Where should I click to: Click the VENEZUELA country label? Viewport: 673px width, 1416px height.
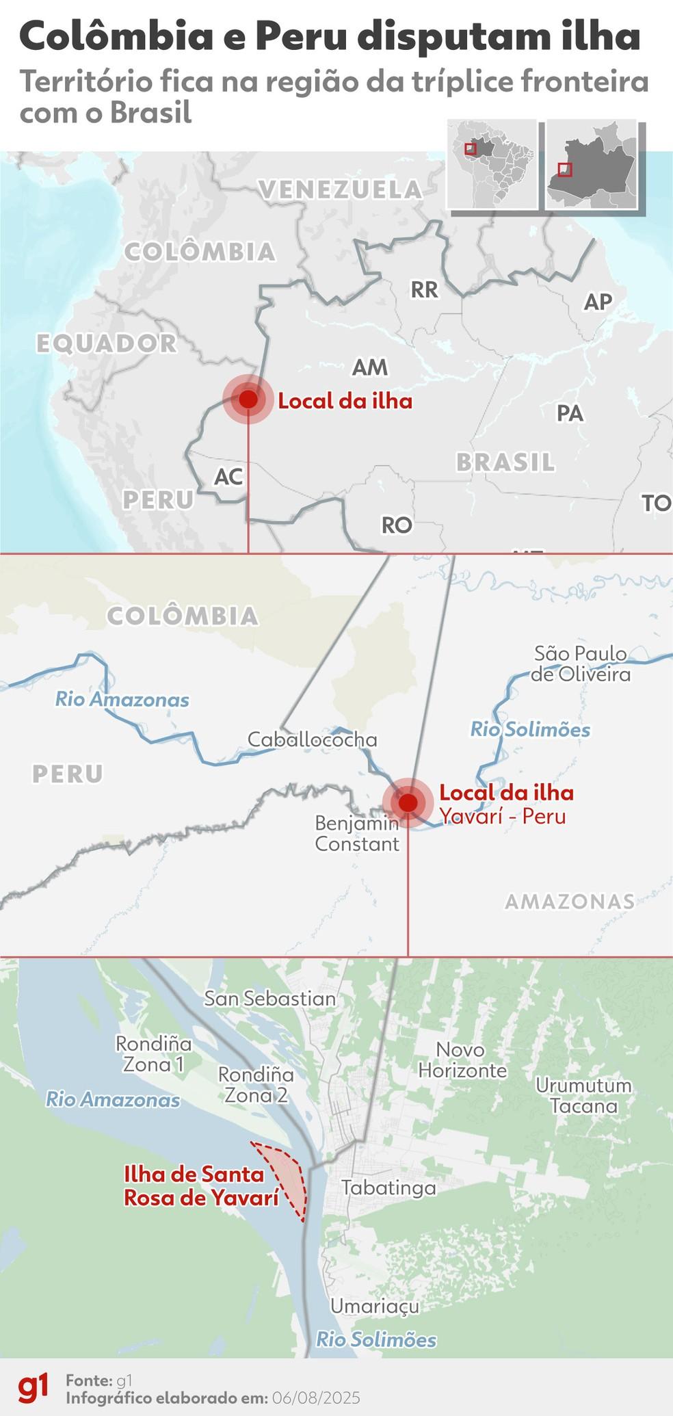[x=341, y=189]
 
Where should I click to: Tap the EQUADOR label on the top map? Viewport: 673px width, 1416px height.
[x=107, y=343]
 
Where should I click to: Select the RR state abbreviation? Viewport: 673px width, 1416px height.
[x=424, y=289]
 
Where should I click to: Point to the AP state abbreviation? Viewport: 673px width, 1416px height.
[x=598, y=301]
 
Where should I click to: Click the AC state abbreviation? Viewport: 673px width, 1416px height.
[x=228, y=476]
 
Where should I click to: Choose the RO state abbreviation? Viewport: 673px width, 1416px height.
[x=397, y=525]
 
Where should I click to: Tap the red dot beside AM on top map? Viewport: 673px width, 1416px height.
[x=248, y=399]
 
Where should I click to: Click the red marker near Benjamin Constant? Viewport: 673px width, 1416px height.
[x=408, y=802]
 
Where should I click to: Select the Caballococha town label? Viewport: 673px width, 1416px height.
[x=312, y=739]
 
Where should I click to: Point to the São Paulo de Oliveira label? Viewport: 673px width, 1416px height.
[x=581, y=664]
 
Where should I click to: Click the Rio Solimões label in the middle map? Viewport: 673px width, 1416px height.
[x=530, y=729]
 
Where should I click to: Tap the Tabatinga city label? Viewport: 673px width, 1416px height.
[x=388, y=1187]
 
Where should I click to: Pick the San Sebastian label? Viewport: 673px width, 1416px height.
[x=270, y=998]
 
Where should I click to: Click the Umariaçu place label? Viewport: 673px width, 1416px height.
[x=375, y=1306]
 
